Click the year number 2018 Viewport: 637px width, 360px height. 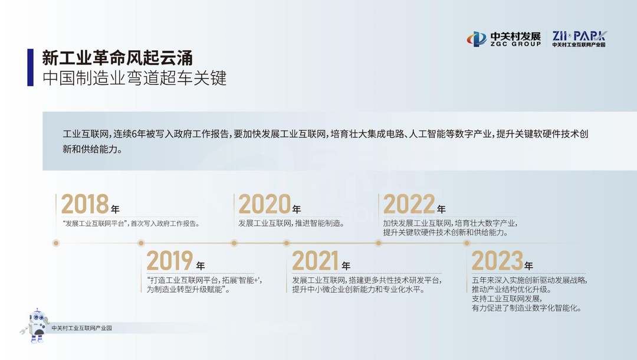point(85,204)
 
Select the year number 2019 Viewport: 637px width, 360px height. point(170,260)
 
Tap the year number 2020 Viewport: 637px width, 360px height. point(264,204)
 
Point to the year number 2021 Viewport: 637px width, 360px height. point(315,260)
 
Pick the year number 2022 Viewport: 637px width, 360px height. point(409,204)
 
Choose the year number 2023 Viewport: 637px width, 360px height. point(497,260)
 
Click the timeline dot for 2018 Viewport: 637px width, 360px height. point(56,243)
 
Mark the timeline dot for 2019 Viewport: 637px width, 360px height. point(141,243)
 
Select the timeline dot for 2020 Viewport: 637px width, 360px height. point(234,243)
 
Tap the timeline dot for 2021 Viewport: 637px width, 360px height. point(287,243)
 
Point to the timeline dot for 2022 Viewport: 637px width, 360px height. point(379,243)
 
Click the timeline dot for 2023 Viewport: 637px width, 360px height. point(467,243)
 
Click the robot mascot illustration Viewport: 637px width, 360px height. point(36,325)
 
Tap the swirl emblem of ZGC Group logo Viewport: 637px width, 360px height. point(477,39)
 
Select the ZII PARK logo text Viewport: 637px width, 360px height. point(579,36)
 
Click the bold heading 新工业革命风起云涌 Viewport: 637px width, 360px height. point(117,58)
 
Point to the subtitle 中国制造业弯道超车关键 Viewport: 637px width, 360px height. point(134,78)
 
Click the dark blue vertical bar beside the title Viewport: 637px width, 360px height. point(31,67)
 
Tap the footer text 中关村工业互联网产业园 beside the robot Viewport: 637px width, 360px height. point(81,328)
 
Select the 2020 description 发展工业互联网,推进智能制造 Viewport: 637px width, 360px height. point(291,223)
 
